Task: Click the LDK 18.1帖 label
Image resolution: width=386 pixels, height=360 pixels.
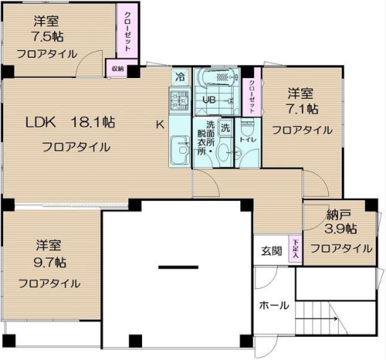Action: point(71,122)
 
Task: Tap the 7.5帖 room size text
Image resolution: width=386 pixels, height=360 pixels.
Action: point(47,37)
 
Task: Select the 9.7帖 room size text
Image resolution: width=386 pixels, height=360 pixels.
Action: point(50,262)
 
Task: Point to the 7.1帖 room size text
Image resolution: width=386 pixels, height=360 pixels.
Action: point(302,109)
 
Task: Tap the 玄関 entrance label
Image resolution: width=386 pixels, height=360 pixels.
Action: point(271,251)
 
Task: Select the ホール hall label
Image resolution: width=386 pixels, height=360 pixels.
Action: point(274,305)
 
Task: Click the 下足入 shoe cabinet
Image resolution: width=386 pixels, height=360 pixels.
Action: point(295,249)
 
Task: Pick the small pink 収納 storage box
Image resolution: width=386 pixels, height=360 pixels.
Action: point(117,68)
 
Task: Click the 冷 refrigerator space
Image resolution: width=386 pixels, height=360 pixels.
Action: point(180,77)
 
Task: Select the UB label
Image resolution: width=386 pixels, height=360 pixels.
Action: point(209,100)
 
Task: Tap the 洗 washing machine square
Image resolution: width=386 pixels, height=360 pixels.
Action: point(225,128)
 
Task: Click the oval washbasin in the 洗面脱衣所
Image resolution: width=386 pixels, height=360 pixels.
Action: point(225,151)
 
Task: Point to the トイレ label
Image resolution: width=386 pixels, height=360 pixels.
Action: point(248,139)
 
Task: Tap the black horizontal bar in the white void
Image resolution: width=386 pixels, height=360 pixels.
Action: point(178,267)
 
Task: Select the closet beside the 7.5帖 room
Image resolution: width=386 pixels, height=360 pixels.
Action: point(128,31)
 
